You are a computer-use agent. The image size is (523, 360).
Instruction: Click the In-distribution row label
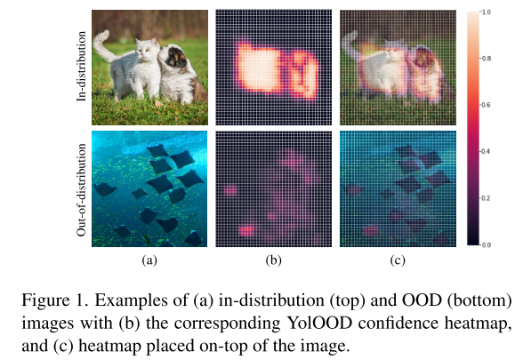click(x=83, y=67)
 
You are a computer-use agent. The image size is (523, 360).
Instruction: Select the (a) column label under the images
click(x=149, y=260)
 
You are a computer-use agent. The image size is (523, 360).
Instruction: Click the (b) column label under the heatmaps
click(x=274, y=260)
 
